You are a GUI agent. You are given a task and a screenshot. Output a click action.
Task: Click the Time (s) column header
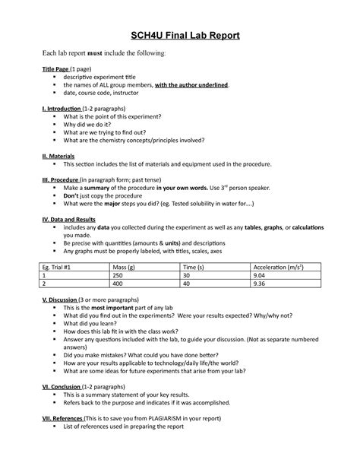[x=195, y=268]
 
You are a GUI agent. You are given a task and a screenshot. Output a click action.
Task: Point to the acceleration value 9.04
[x=261, y=277]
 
